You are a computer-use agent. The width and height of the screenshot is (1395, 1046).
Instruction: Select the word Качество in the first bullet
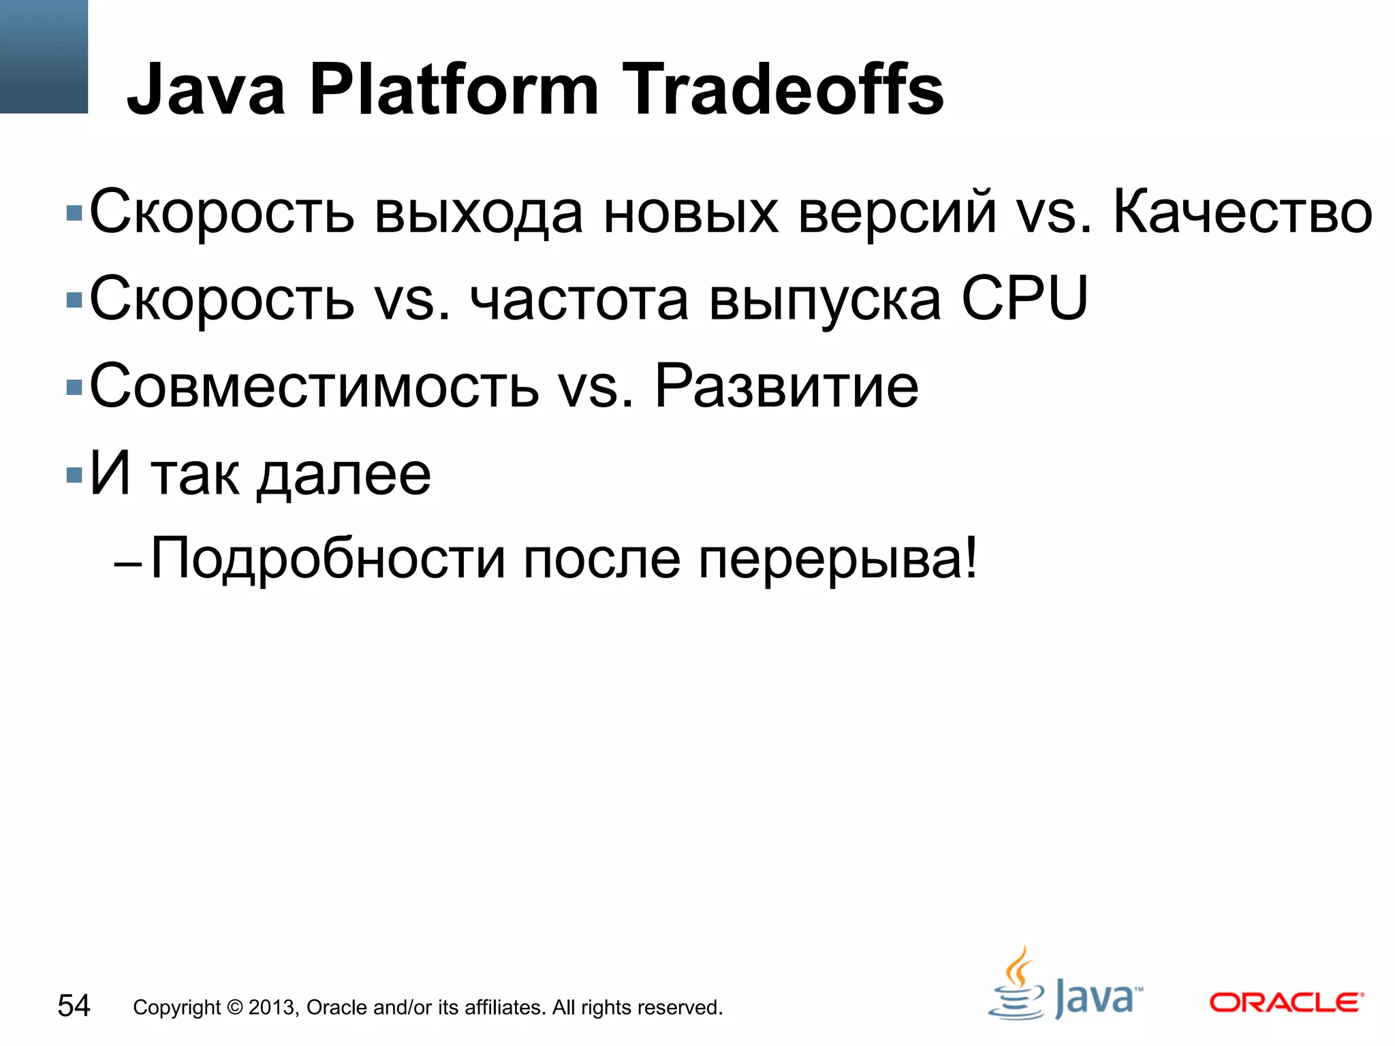1242,213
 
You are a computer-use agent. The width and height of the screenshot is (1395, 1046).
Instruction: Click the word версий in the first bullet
897,213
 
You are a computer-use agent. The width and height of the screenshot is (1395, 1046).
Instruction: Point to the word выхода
478,213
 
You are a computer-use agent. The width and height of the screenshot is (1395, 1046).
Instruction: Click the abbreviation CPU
1024,299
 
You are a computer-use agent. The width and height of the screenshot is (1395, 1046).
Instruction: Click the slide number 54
74,1006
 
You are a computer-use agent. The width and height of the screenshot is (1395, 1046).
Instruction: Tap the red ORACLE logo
1286,1003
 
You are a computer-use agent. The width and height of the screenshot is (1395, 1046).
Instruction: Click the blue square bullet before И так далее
74,475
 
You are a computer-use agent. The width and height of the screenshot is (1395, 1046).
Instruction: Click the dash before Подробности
128,565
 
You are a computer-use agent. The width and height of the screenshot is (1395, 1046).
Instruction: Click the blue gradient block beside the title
44,56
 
